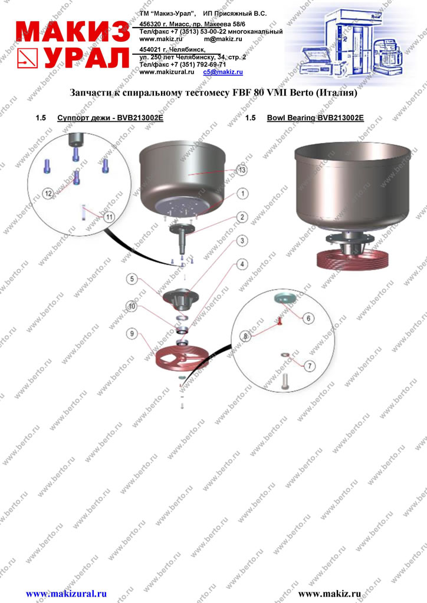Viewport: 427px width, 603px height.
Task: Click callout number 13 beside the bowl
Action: click(x=242, y=170)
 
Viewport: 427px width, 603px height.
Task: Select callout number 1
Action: click(x=242, y=193)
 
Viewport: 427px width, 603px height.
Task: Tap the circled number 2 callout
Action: click(x=242, y=217)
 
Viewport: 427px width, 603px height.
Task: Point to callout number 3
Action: click(x=242, y=241)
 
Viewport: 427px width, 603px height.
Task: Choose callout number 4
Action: click(x=242, y=264)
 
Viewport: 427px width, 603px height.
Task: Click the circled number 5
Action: click(x=132, y=279)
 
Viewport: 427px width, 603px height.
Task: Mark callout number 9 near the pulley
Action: click(x=132, y=333)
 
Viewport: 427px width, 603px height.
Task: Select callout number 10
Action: click(x=132, y=306)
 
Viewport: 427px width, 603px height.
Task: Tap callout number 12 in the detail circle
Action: click(x=48, y=193)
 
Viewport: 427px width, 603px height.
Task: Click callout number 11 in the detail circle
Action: click(x=109, y=217)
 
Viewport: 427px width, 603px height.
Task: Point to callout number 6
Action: click(x=308, y=319)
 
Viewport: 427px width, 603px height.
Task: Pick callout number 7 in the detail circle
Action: click(x=310, y=366)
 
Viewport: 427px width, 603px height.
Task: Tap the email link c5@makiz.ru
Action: click(x=223, y=72)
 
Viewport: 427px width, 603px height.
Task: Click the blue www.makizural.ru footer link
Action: click(x=66, y=594)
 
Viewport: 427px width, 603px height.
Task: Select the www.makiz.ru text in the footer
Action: click(x=330, y=594)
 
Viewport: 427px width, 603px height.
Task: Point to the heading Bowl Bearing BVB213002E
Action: click(x=316, y=118)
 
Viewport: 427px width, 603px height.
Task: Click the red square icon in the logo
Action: click(x=27, y=58)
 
